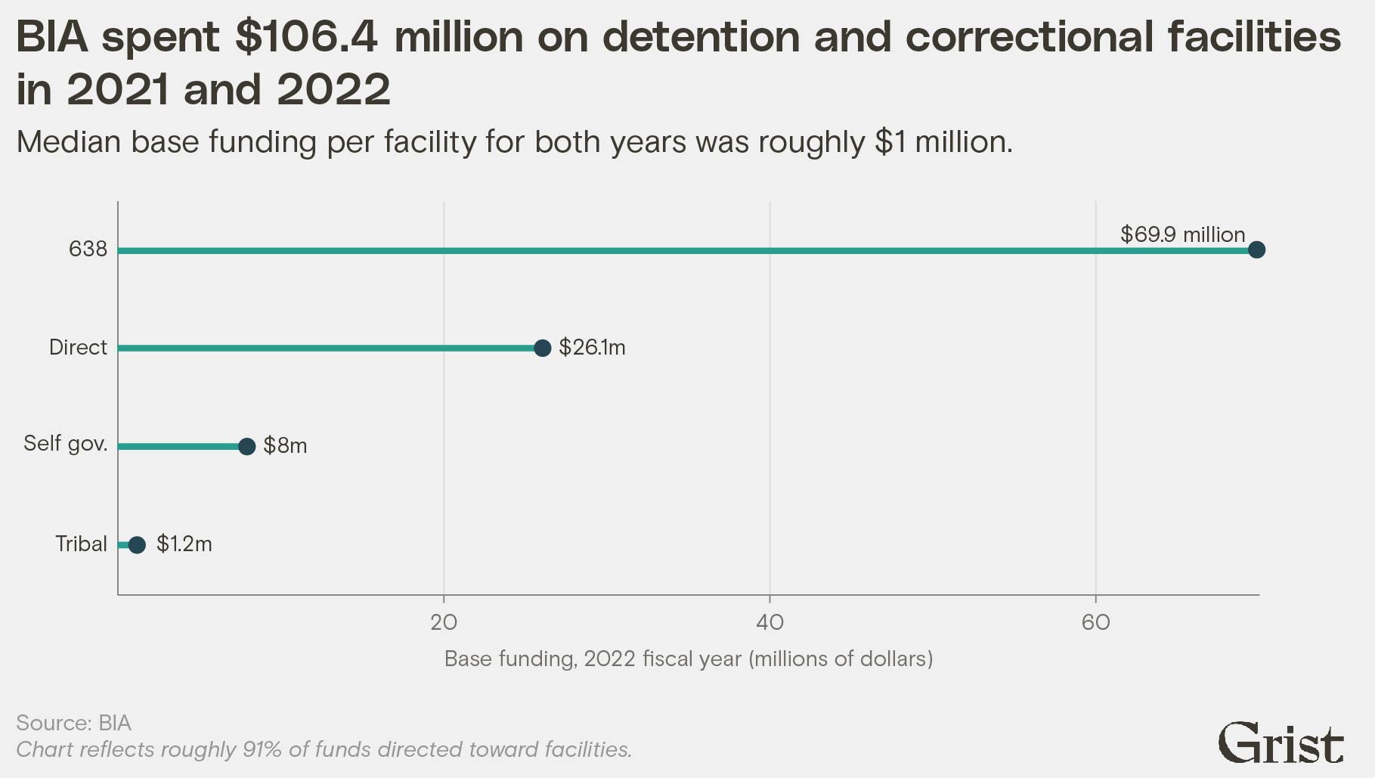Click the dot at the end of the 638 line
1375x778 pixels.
point(1256,250)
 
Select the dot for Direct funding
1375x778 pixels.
point(542,348)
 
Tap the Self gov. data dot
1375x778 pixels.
point(246,446)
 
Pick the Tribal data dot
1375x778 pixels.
point(137,544)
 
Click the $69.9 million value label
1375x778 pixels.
point(1182,234)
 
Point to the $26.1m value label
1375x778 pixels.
point(592,348)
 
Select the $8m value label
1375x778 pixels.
point(285,446)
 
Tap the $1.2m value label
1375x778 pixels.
point(184,544)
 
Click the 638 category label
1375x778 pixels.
point(88,250)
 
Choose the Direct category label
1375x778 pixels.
point(78,348)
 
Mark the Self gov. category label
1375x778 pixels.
point(66,444)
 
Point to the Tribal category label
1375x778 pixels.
point(81,544)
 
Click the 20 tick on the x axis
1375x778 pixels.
point(444,622)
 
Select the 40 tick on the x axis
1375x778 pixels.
point(770,622)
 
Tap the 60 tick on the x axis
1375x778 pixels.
point(1095,622)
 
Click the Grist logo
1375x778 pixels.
point(1281,744)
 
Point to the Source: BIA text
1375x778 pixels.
point(74,723)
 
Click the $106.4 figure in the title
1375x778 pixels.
point(305,37)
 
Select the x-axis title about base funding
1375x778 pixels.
point(688,659)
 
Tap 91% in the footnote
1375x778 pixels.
point(261,749)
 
